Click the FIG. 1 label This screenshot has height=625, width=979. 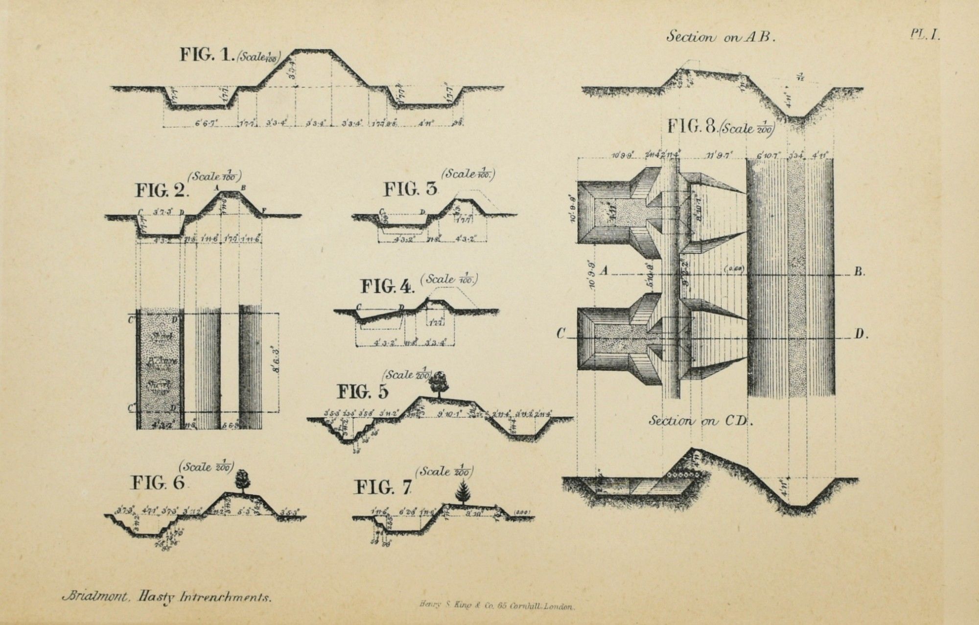point(208,54)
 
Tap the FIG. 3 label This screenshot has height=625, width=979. point(410,189)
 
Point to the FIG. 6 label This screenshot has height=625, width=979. point(158,484)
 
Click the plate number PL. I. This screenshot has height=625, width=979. point(925,35)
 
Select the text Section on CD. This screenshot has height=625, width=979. point(700,421)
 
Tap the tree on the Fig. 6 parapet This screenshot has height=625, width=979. point(241,480)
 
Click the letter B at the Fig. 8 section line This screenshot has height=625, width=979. point(859,272)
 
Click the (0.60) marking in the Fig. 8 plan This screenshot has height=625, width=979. point(734,268)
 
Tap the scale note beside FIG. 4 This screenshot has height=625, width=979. point(451,280)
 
